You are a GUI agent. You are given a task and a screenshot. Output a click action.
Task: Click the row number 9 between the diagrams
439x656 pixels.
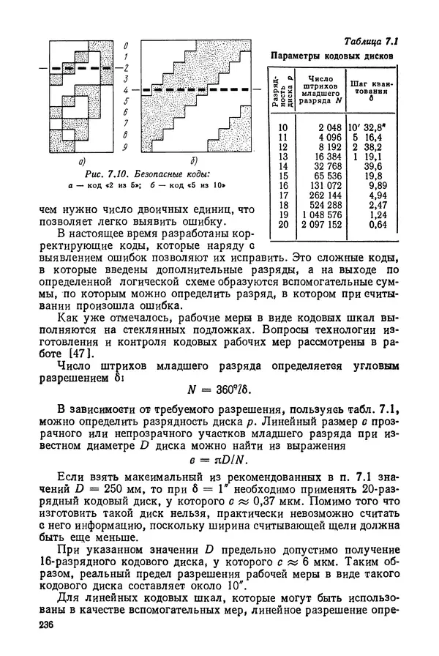pyautogui.click(x=126, y=146)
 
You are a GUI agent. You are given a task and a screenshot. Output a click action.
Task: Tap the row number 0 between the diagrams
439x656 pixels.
pyautogui.click(x=126, y=45)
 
